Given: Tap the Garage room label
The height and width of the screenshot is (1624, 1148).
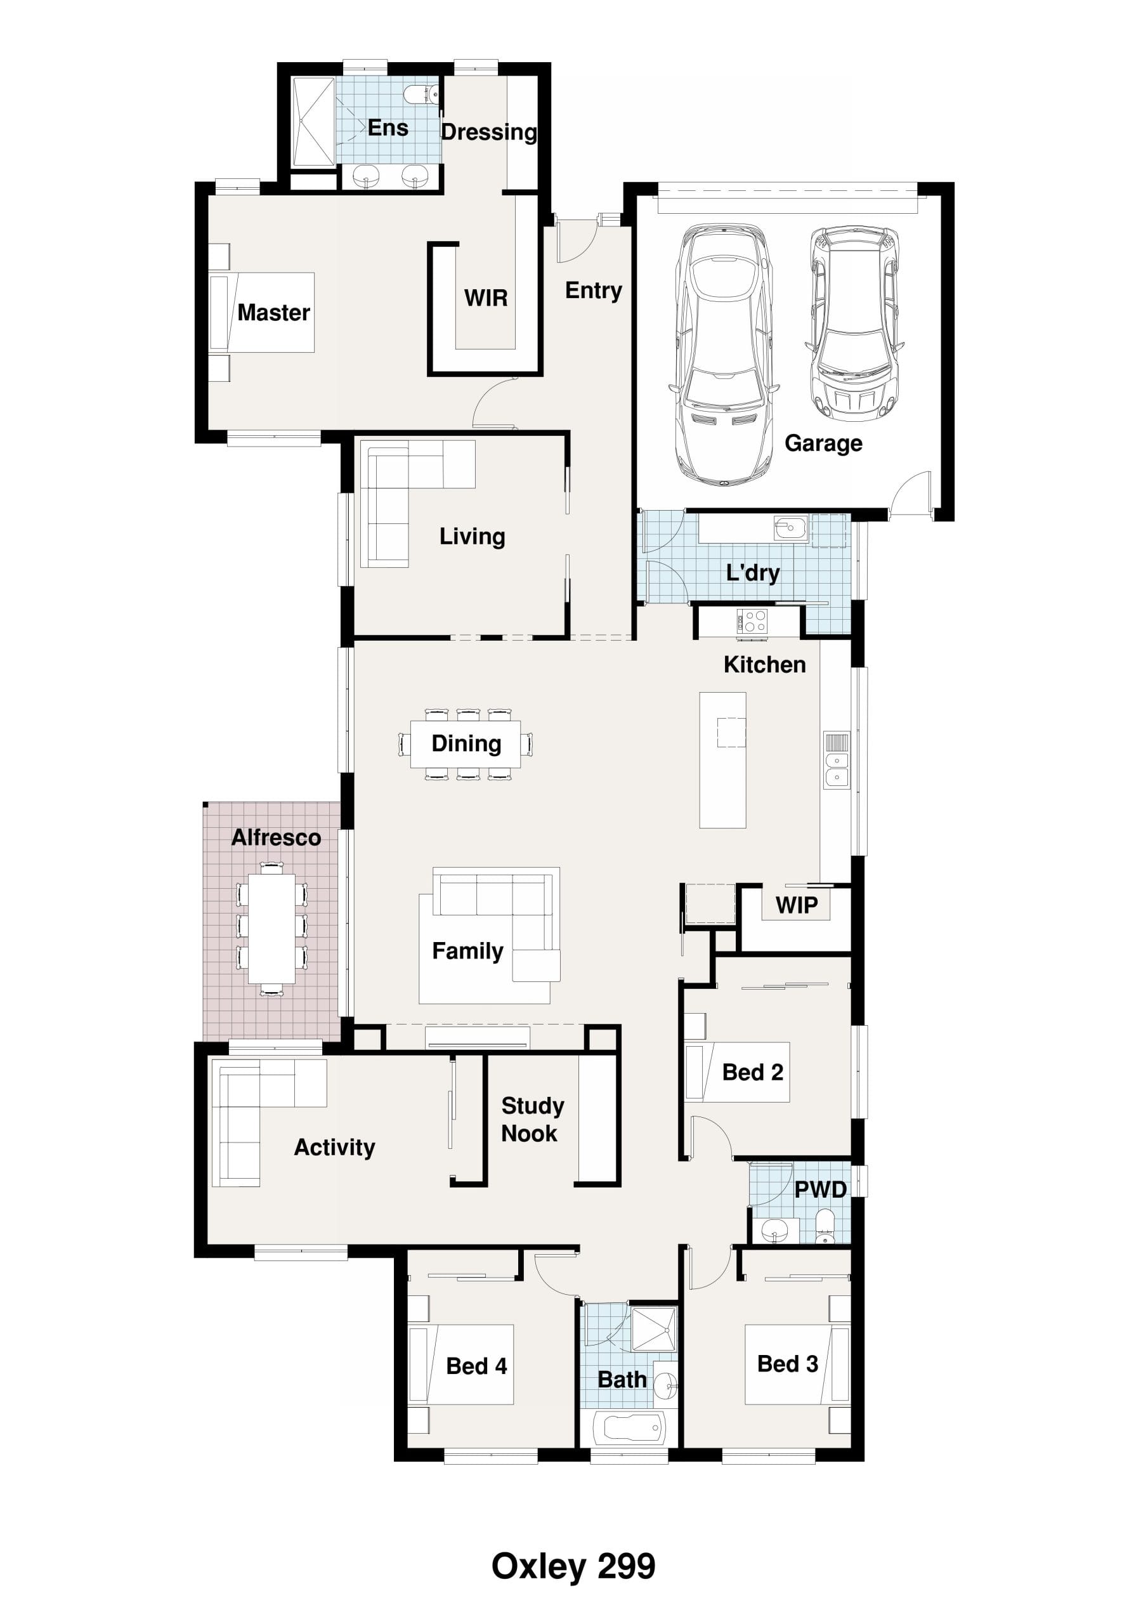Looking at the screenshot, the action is click(823, 443).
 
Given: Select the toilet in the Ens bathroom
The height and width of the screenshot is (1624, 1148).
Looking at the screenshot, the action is click(424, 94).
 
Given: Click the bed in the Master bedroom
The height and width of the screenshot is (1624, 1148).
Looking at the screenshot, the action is click(262, 313).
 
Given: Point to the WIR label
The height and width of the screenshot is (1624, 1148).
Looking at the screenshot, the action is click(486, 298).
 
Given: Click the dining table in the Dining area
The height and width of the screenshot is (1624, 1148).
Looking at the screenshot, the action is click(466, 744).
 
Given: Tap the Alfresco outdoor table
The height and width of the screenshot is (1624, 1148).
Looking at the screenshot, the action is click(271, 929).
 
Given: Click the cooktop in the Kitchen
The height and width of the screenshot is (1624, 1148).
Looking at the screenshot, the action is click(752, 620).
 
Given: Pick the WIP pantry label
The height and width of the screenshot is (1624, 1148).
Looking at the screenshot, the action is click(797, 905).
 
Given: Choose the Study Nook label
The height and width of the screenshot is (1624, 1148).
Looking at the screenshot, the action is click(532, 1119).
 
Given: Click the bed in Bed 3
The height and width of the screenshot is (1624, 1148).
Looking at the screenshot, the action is click(797, 1365).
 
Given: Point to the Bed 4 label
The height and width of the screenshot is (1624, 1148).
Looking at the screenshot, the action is click(476, 1366).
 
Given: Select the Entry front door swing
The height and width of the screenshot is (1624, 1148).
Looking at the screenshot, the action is click(577, 240).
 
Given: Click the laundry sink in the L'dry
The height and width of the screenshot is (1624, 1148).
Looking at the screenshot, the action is click(790, 528).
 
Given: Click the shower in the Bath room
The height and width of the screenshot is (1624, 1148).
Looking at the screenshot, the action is click(653, 1329).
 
